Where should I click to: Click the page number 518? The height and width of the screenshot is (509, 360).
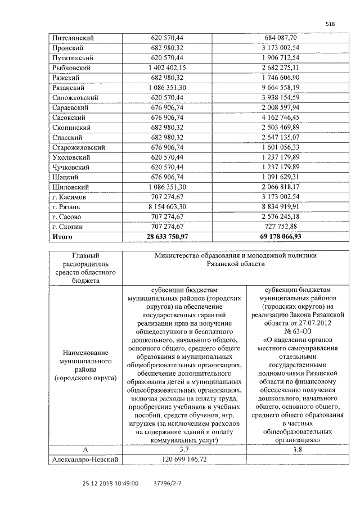330,23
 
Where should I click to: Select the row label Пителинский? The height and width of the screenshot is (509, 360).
73,38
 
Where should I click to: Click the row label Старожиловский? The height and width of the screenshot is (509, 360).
79,147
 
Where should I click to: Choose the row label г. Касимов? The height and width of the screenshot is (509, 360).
70,197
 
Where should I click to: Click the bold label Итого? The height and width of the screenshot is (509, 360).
63,237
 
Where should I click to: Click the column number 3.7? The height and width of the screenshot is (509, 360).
184,450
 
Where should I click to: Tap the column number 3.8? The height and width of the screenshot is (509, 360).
303,450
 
